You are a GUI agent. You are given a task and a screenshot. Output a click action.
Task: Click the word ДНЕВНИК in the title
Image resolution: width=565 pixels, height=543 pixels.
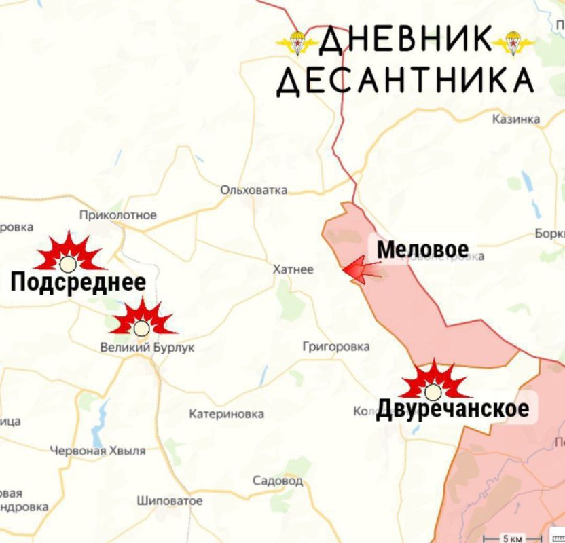[405, 42]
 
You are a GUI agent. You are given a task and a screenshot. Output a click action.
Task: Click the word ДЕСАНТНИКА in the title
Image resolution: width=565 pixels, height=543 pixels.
[405, 81]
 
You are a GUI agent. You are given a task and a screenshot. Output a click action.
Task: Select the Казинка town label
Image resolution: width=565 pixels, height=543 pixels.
[516, 119]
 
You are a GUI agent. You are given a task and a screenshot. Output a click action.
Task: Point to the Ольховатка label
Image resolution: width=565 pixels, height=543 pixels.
[253, 190]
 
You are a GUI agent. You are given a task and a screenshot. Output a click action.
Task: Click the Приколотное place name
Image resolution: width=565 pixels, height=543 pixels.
[117, 215]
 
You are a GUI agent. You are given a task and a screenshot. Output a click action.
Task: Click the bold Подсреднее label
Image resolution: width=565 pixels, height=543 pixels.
[77, 282]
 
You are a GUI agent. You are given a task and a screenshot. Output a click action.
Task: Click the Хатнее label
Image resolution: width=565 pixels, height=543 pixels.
[293, 269]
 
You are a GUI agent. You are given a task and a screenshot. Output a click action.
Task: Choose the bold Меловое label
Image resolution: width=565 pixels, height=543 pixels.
[422, 249]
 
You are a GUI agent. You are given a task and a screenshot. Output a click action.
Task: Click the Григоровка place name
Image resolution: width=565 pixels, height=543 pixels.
[335, 347]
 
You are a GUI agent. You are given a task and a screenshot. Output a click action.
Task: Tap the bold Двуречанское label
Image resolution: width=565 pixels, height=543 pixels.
[452, 409]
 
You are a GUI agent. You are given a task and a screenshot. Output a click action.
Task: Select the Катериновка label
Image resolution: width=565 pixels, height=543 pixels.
[226, 413]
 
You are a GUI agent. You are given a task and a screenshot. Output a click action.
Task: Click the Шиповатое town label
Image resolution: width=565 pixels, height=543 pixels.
[169, 501]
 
